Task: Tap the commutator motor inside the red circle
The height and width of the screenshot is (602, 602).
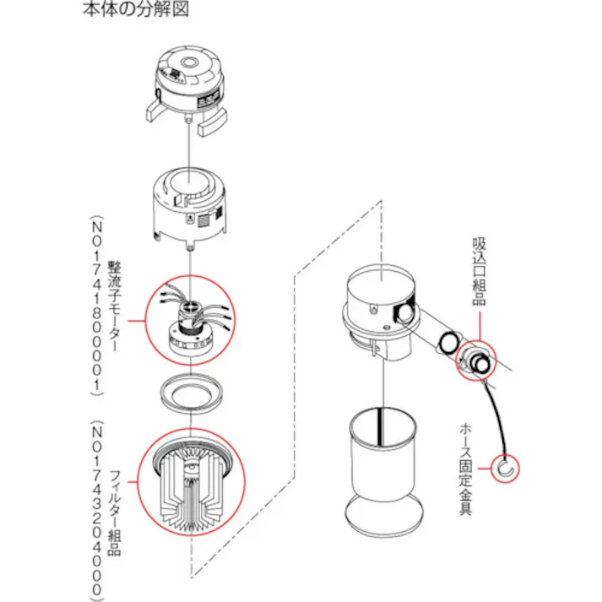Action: coord(193,321)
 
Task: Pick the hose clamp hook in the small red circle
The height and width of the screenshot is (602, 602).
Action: coord(507,469)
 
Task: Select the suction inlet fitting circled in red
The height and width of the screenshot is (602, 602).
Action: coord(475,359)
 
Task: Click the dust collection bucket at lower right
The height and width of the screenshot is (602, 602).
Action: coord(382,456)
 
